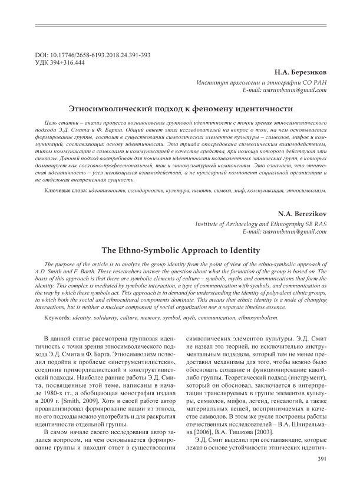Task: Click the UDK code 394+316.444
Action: click(x=68, y=62)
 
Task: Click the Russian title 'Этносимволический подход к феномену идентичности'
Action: click(x=180, y=109)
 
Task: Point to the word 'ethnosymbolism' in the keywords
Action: click(x=252, y=317)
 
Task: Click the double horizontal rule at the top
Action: click(x=180, y=25)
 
